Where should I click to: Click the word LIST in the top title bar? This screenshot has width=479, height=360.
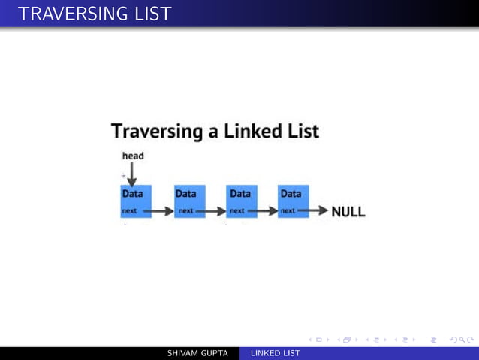pos(149,13)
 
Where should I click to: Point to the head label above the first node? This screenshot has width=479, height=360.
pos(133,156)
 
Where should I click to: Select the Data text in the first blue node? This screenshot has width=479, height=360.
pos(133,194)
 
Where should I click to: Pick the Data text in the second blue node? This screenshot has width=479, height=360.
pos(186,194)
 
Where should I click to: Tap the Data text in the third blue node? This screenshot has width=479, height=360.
pos(239,194)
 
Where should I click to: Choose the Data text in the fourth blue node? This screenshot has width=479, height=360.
pos(291,194)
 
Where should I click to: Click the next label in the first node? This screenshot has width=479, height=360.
pos(130,211)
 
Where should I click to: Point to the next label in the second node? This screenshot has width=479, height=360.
pos(185,211)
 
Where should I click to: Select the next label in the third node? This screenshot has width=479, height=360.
pos(237,211)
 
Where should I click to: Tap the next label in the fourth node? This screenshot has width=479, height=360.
pos(288,211)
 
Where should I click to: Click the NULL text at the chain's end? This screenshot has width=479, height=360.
pos(348,212)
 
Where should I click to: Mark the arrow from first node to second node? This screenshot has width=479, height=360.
pos(159,212)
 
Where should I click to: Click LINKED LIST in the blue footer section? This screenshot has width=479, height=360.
pos(276,353)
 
